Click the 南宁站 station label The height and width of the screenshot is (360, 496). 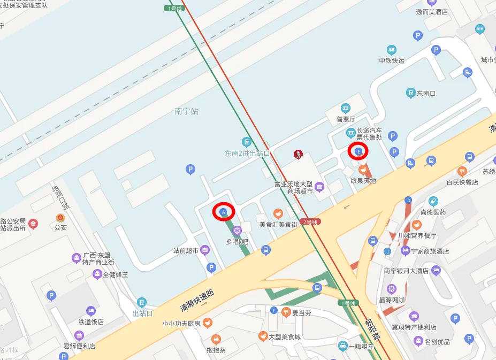[x=186, y=112]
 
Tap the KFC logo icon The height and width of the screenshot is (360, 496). [x=298, y=155]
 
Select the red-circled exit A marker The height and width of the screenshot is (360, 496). [x=224, y=212]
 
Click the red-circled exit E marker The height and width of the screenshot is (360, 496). [x=358, y=151]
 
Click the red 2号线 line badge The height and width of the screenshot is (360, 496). [x=310, y=221]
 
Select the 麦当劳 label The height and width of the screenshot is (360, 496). [x=301, y=312]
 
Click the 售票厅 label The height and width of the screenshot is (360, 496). [x=345, y=119]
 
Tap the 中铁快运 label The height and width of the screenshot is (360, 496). [x=392, y=60]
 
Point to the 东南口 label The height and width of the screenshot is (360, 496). [x=426, y=93]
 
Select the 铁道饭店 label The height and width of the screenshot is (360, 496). [x=91, y=322]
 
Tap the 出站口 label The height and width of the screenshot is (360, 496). [x=142, y=313]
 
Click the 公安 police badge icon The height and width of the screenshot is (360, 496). [x=60, y=218]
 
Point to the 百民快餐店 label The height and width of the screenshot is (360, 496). [x=462, y=182]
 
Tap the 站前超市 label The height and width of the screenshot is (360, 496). [x=186, y=250]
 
